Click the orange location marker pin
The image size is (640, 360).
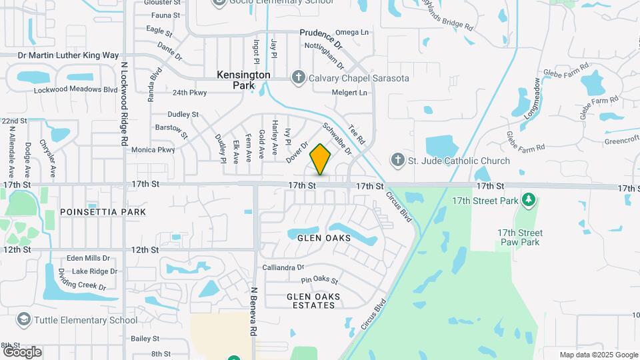pos(321,159)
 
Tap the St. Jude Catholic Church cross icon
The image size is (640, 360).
pos(397,160)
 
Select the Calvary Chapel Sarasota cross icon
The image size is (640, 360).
pos(299,78)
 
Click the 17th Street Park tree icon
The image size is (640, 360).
pos(529,199)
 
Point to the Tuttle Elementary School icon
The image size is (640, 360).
pos(25,320)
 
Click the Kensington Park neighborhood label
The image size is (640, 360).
pos(243,80)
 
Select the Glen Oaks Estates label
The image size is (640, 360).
pos(313,301)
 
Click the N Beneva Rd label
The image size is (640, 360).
pos(253,311)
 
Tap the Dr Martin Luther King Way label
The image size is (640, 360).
pos(68,55)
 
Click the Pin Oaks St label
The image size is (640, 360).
pos(320,281)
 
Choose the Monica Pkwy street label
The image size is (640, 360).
pos(153,150)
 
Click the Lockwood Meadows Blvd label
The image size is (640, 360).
pos(66,90)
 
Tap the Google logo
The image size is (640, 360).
pos(22,352)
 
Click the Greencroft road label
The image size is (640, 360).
pos(603,141)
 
